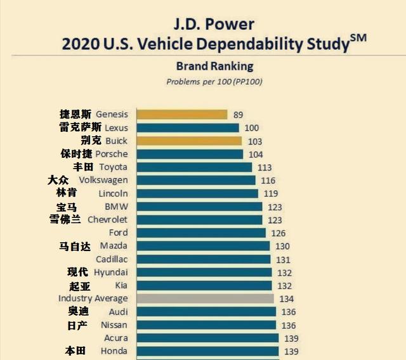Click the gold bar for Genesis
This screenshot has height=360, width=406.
(181, 115)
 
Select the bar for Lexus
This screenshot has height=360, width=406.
(188, 128)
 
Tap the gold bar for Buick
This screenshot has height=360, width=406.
(190, 141)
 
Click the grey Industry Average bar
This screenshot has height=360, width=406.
(205, 299)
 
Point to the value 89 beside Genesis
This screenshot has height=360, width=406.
(239, 115)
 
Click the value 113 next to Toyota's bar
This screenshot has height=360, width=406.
(265, 167)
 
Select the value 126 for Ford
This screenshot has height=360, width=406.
(278, 233)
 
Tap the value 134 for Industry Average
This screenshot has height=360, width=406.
(287, 299)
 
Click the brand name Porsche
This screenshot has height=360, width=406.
(112, 154)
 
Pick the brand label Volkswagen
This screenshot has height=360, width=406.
(103, 180)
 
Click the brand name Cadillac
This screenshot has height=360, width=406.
(112, 259)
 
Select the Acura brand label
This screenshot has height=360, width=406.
(116, 338)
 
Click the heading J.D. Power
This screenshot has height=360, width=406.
(214, 25)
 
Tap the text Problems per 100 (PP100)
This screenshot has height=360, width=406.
(214, 82)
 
